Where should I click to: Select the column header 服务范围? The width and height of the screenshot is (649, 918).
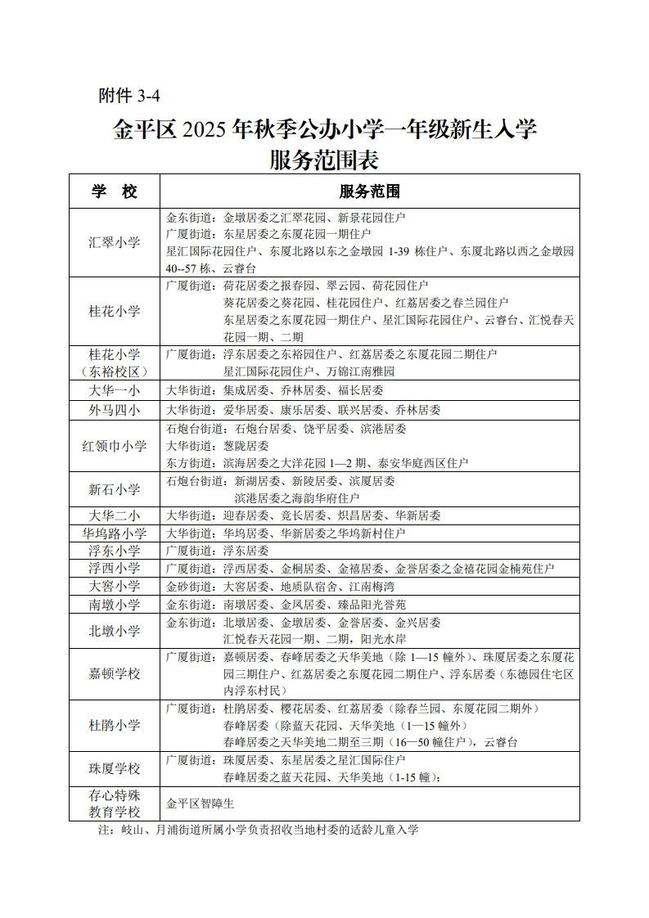point(369,191)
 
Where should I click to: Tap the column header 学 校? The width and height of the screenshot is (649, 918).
point(115,191)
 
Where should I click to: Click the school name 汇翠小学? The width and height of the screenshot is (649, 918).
point(115,242)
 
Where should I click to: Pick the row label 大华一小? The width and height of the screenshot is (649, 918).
point(115,390)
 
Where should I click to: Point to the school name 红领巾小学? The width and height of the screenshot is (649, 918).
point(115,446)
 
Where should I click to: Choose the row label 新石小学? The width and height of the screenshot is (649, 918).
point(115,489)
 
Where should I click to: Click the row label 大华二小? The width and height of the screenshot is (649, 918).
point(115,515)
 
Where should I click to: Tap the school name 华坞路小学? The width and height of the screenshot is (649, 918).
point(115,533)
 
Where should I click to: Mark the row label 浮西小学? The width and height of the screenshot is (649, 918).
point(115,568)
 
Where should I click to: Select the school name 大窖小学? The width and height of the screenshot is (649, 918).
point(115,586)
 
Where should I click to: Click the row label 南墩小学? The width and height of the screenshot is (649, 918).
point(115,604)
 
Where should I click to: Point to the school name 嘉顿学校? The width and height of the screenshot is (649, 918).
point(115,674)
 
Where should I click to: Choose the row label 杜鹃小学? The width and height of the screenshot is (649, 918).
point(115,725)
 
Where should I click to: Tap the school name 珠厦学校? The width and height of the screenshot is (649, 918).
point(115,769)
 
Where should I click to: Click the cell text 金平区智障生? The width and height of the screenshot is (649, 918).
point(201,803)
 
